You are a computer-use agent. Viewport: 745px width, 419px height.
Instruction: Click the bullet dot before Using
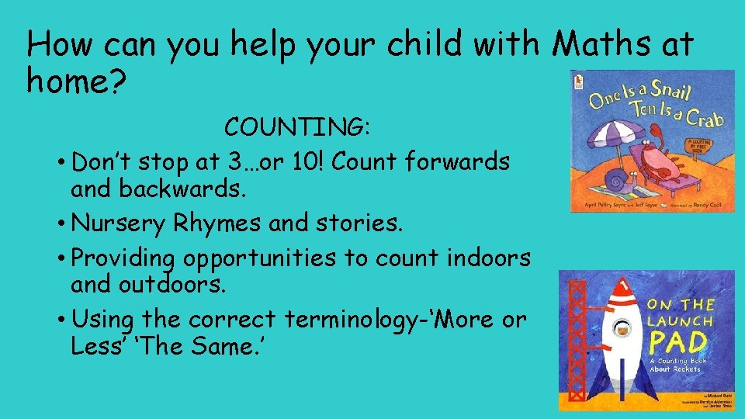pos(60,320)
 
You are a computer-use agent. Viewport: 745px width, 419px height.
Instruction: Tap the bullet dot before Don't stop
pos(60,163)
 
